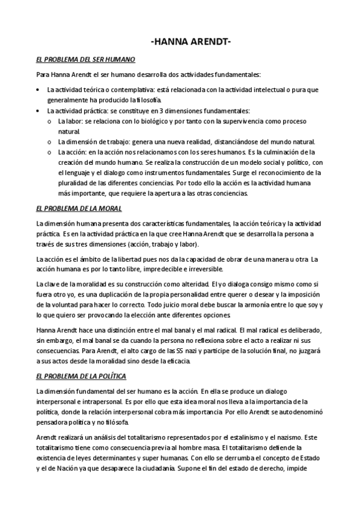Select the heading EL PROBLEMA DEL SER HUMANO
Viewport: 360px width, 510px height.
86,60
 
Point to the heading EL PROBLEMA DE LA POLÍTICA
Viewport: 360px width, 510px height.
81,376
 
